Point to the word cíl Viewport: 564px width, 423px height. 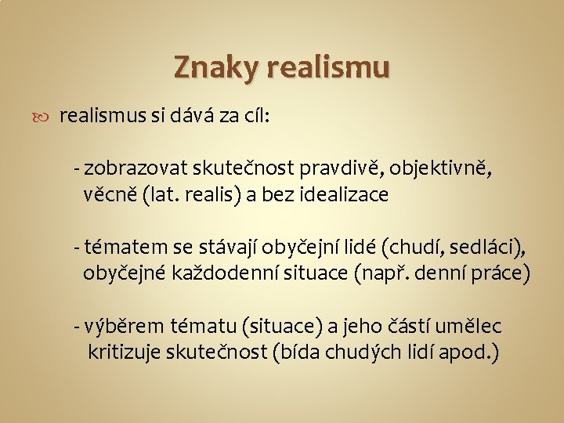[x=254, y=117]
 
